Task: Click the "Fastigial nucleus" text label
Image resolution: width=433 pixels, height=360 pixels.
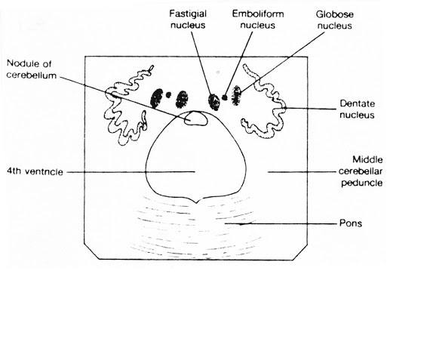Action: click(188, 20)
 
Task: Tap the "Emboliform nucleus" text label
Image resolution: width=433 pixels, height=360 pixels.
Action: click(258, 20)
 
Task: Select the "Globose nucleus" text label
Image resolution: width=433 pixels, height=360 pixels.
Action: click(335, 20)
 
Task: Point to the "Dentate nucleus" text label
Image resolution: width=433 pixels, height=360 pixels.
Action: click(357, 109)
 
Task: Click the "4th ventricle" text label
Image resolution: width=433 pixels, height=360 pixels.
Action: click(35, 171)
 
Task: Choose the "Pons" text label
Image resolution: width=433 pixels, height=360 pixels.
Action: click(351, 223)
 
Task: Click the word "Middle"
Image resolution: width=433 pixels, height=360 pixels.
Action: click(367, 159)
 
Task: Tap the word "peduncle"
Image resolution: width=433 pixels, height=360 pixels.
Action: click(362, 183)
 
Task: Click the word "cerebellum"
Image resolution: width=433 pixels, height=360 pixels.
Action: click(32, 75)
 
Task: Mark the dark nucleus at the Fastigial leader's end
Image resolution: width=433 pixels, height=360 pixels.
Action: click(214, 102)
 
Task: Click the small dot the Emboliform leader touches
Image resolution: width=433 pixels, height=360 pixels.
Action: click(225, 97)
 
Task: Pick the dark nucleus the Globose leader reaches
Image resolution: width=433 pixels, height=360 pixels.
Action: click(236, 95)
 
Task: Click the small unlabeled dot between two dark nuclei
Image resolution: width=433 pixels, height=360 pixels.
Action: click(168, 95)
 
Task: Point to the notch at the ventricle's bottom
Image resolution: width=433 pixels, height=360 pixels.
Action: click(196, 202)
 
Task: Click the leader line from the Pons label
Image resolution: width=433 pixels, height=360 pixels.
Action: click(281, 223)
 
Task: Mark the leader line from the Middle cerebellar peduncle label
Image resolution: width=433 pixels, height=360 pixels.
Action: click(302, 172)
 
